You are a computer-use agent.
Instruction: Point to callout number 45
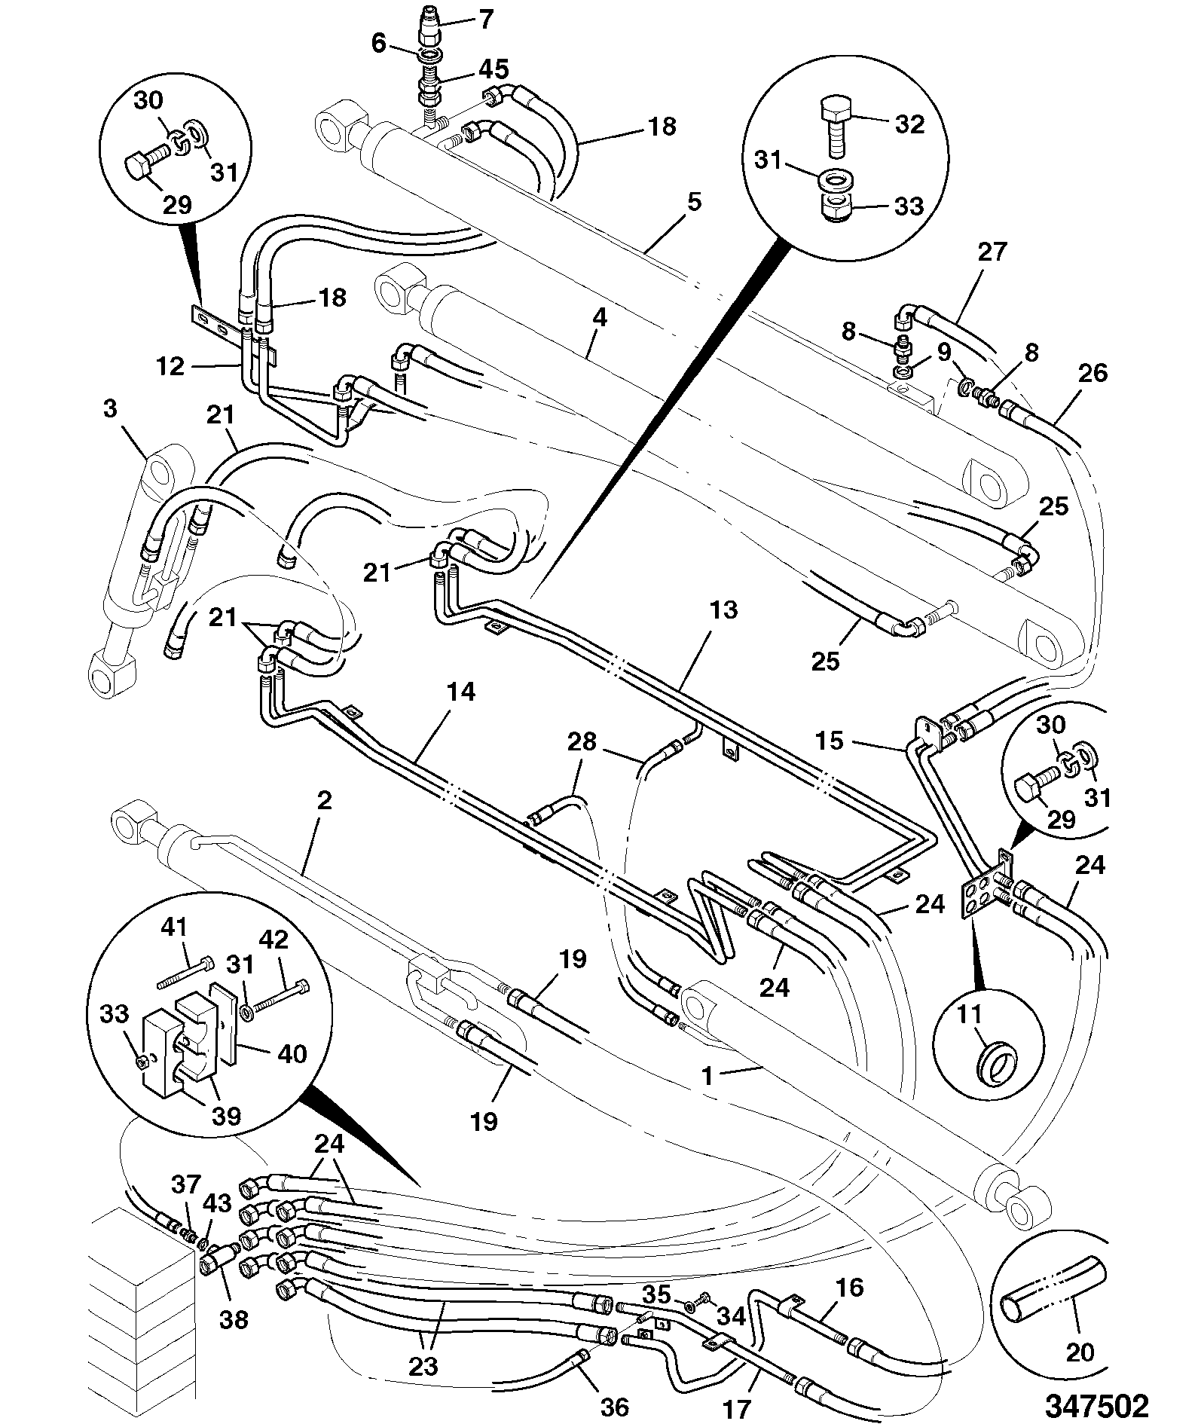pyautogui.click(x=494, y=69)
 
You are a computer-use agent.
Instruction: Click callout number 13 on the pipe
pyautogui.click(x=723, y=610)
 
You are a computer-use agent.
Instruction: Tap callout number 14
pyautogui.click(x=461, y=692)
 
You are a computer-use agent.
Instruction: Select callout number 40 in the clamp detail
pyautogui.click(x=292, y=1053)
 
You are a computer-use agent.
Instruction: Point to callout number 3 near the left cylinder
pyautogui.click(x=110, y=409)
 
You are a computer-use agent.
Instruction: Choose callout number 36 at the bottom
pyautogui.click(x=615, y=1406)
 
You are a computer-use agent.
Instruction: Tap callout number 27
pyautogui.click(x=992, y=252)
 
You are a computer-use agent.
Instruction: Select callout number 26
pyautogui.click(x=1094, y=373)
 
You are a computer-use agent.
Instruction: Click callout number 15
pyautogui.click(x=830, y=741)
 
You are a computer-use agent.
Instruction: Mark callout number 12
pyautogui.click(x=170, y=366)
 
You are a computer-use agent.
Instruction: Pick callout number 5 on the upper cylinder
pyautogui.click(x=695, y=202)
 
